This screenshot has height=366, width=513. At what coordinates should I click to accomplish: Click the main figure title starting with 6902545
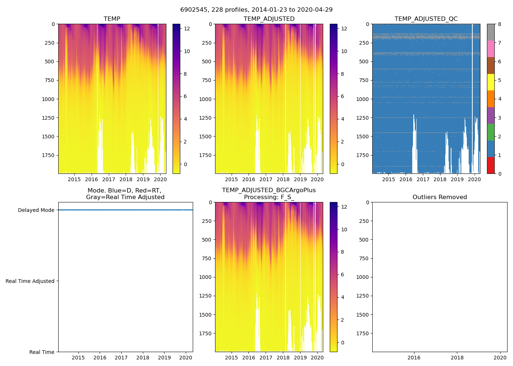point(256,10)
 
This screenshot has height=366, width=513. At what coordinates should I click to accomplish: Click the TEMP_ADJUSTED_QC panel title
point(426,19)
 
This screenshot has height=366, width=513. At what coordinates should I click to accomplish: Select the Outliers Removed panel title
point(439,197)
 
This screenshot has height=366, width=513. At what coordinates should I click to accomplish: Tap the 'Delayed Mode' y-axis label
point(36,210)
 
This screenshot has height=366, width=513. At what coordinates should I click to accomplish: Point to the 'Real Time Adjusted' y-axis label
point(30,281)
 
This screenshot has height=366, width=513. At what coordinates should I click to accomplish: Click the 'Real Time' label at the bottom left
point(42,352)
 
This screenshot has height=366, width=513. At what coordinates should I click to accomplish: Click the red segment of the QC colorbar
point(491,165)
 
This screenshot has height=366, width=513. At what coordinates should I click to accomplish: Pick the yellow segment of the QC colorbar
point(491,82)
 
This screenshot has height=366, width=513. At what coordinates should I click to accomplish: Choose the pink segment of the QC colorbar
point(491,49)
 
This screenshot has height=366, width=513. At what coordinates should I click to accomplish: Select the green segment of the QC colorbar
point(491,132)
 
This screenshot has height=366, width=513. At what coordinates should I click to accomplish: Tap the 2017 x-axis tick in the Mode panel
point(121,358)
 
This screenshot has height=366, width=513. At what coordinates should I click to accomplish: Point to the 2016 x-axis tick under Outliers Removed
point(414,358)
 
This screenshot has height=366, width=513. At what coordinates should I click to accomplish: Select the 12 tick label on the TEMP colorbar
point(187,29)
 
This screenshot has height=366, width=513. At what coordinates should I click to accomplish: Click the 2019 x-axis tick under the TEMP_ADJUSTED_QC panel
point(457,179)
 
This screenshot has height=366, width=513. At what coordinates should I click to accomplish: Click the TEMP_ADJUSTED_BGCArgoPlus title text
point(269,190)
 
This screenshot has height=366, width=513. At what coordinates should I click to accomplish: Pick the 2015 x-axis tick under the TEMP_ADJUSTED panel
point(231,179)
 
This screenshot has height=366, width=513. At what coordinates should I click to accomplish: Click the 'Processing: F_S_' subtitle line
point(269,197)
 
